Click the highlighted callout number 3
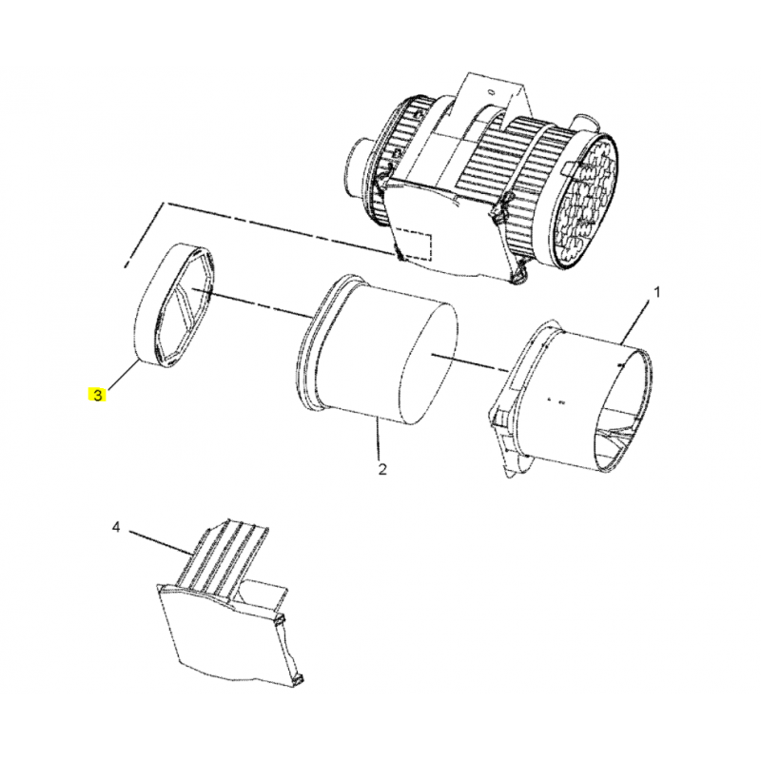pos(98,396)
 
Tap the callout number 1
pos(657,292)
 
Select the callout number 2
pos(382,469)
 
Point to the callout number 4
pos(115,527)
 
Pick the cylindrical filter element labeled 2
pos(376,348)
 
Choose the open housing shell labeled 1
pos(573,398)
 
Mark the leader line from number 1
pos(634,323)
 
